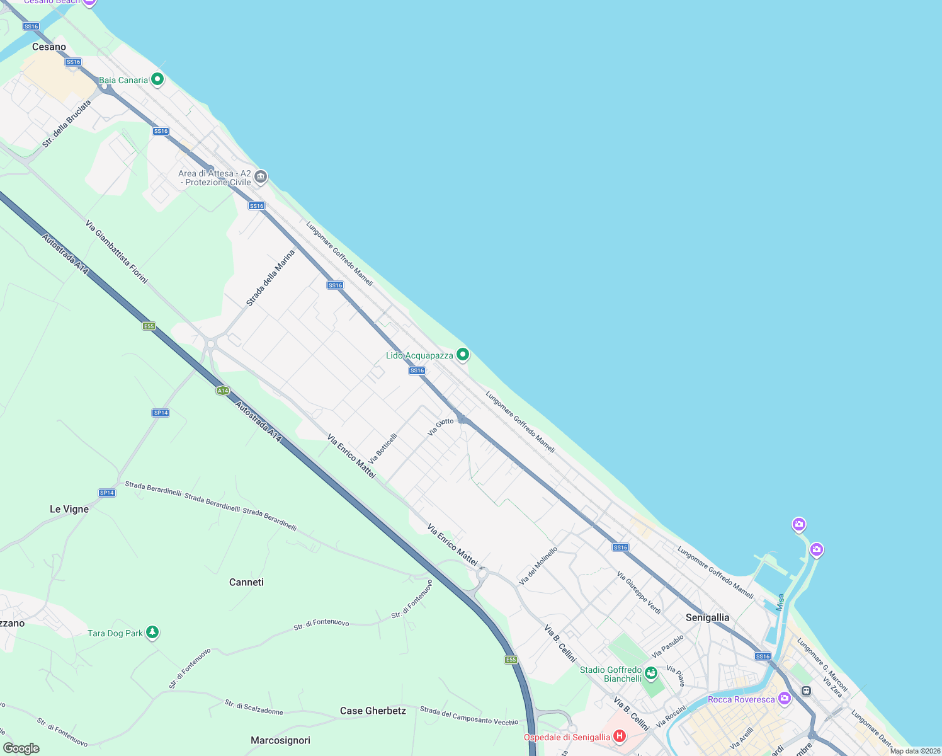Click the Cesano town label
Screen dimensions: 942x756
49,47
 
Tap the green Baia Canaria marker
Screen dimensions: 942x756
157,79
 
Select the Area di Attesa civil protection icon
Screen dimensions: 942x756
260,177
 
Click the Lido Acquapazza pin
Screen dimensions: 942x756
463,355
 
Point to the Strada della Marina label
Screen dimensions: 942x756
270,278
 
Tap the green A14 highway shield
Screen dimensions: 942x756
222,391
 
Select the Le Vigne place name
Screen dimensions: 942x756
69,509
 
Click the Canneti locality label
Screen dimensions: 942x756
246,582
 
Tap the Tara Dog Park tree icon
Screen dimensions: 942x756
152,632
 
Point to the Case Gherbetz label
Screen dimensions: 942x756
373,711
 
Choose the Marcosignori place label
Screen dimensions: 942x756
280,740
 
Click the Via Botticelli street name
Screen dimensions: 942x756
383,448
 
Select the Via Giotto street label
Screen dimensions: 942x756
440,427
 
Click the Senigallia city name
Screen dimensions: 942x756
707,617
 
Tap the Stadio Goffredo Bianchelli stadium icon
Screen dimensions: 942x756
651,673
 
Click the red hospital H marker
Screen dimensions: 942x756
620,736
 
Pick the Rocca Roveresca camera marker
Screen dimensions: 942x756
784,698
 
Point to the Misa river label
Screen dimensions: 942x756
780,602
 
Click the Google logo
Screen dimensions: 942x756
21,748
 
